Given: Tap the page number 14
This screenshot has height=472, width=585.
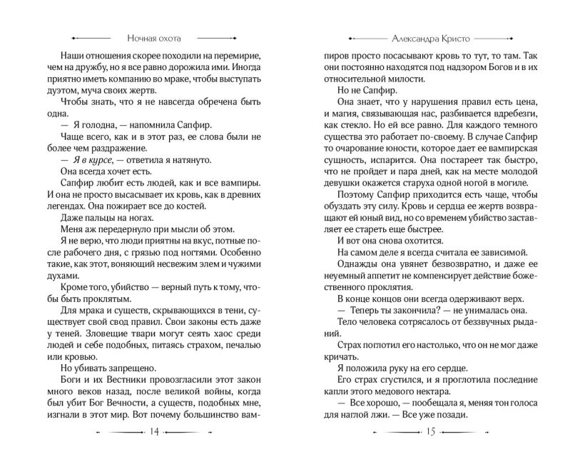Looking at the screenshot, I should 154,433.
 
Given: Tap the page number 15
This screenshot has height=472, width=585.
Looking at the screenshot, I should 430,433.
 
